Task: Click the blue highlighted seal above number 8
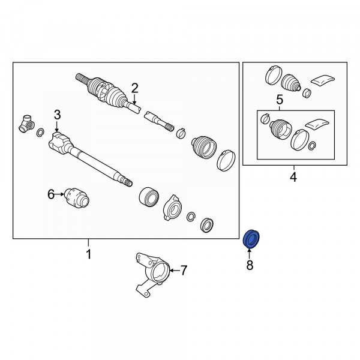pyautogui.click(x=251, y=239)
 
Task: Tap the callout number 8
pyautogui.click(x=250, y=265)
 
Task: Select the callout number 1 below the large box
pyautogui.click(x=88, y=254)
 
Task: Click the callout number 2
pyautogui.click(x=134, y=88)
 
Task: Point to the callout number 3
pyautogui.click(x=57, y=115)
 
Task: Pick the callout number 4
pyautogui.click(x=293, y=177)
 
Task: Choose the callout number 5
pyautogui.click(x=280, y=100)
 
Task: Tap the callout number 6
pyautogui.click(x=51, y=194)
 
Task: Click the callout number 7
pyautogui.click(x=184, y=270)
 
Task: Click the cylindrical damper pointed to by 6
pyautogui.click(x=77, y=198)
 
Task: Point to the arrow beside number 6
pyautogui.click(x=59, y=194)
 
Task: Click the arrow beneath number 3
pyautogui.click(x=57, y=126)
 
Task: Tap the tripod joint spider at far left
pyautogui.click(x=26, y=124)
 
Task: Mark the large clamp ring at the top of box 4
pyautogui.click(x=273, y=76)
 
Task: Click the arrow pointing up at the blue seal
pyautogui.click(x=250, y=254)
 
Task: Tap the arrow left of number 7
pyautogui.click(x=175, y=271)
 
